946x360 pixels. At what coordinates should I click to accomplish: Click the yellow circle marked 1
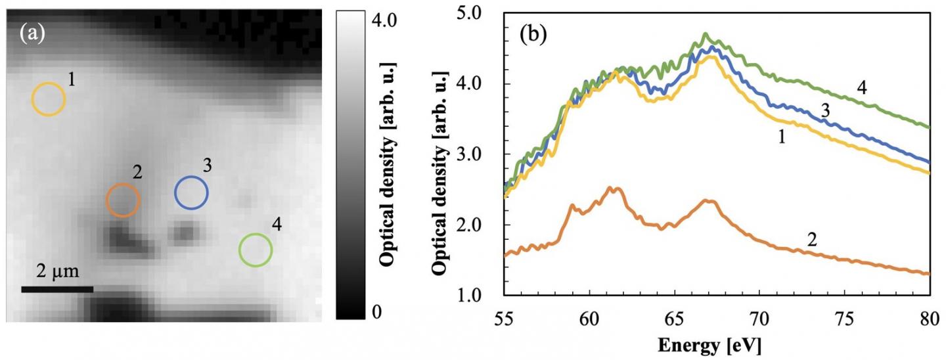[49, 99]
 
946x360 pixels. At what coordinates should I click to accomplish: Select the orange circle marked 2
[124, 200]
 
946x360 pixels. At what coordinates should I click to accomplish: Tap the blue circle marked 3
[191, 192]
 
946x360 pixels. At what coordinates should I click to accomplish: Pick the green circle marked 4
[255, 250]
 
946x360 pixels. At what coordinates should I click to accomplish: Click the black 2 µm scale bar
[57, 289]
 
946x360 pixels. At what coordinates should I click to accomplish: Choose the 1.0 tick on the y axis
[482, 296]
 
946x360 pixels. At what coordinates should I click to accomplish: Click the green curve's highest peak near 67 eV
[706, 34]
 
